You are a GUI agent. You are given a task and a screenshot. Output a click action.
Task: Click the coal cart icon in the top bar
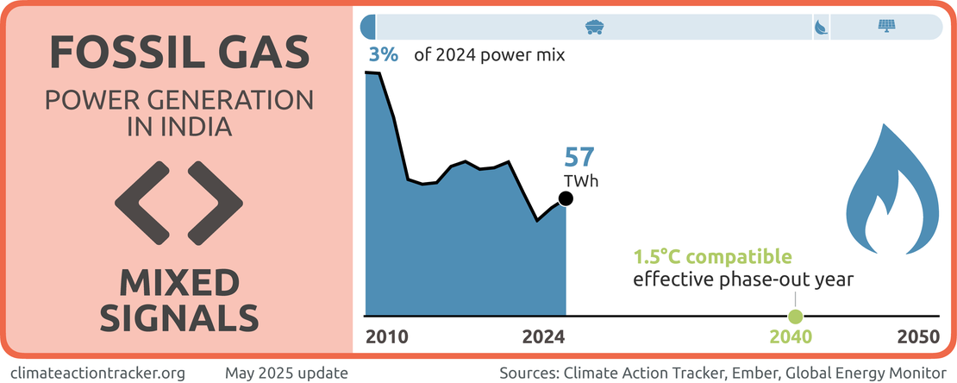(593, 27)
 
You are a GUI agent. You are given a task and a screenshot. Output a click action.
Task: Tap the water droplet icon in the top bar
(819, 28)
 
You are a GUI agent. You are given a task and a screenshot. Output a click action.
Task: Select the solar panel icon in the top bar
(885, 27)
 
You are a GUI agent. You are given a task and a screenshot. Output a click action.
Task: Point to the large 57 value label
(580, 158)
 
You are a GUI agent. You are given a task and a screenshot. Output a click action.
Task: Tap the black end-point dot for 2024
(566, 199)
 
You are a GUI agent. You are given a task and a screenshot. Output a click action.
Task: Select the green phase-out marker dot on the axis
(795, 316)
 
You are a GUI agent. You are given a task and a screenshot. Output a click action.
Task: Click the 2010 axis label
(386, 337)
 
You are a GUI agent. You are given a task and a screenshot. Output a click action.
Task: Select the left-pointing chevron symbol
(140, 202)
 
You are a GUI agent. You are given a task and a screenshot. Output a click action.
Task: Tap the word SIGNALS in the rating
(178, 317)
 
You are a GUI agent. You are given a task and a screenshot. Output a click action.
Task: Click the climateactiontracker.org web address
(98, 373)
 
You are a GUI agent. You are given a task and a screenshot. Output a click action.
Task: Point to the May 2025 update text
(286, 373)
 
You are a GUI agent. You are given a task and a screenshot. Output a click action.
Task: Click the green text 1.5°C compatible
(712, 257)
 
